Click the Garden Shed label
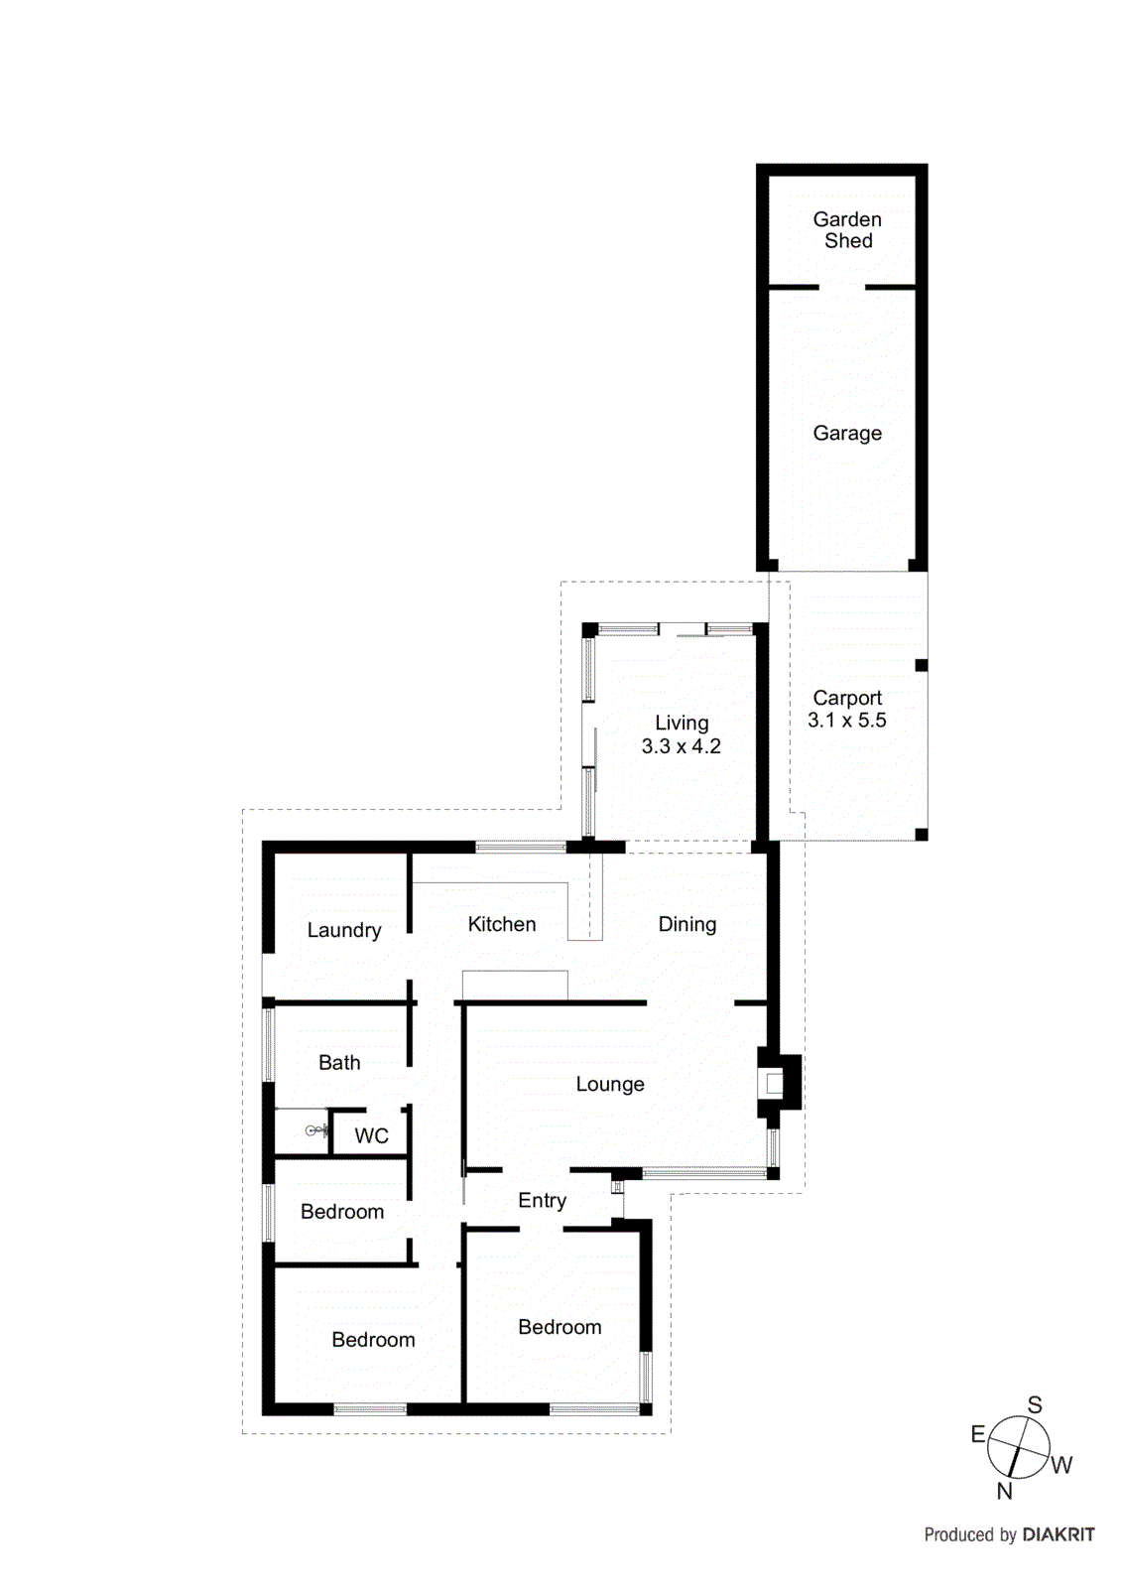(847, 230)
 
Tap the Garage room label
(847, 433)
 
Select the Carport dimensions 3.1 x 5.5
(847, 721)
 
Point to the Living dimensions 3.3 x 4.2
(681, 746)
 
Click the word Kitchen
(502, 924)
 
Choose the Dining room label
(687, 924)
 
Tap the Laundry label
(344, 930)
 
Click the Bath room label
(339, 1062)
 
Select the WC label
(372, 1135)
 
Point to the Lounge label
(610, 1084)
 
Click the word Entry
(543, 1200)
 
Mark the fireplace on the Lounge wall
(777, 1083)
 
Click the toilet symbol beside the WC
(314, 1130)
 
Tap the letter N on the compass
(1005, 1490)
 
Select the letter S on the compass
(1035, 1404)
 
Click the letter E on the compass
(978, 1434)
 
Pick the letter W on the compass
(1061, 1465)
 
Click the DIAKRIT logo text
(1059, 1534)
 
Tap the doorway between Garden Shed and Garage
(841, 288)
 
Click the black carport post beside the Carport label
(922, 665)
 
